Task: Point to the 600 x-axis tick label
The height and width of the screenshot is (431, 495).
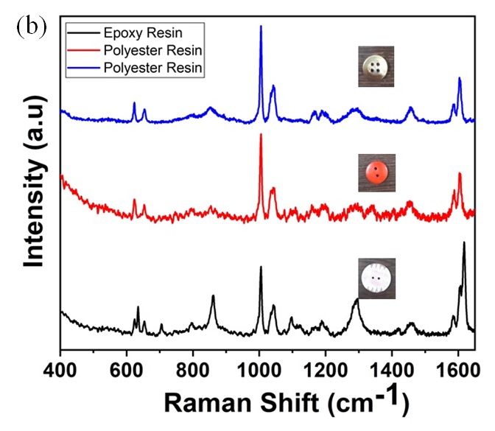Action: point(127,364)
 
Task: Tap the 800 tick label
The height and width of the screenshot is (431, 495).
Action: point(193,364)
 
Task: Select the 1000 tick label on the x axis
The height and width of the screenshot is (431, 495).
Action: point(259,364)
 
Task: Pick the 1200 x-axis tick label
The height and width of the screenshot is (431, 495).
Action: point(326,364)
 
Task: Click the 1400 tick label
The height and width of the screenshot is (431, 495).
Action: point(392,364)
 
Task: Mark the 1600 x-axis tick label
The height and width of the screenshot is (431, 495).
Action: point(457,364)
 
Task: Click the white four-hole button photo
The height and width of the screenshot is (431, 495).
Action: point(376,66)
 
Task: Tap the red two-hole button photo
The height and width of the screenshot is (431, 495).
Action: point(376,172)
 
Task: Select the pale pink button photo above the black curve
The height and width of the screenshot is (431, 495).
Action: point(376,278)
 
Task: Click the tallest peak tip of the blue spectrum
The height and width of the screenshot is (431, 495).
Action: point(261,27)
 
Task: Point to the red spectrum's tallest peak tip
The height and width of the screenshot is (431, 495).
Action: point(261,135)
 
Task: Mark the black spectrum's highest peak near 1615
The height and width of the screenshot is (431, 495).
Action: point(464,242)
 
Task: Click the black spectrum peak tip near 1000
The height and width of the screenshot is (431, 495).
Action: point(261,267)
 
